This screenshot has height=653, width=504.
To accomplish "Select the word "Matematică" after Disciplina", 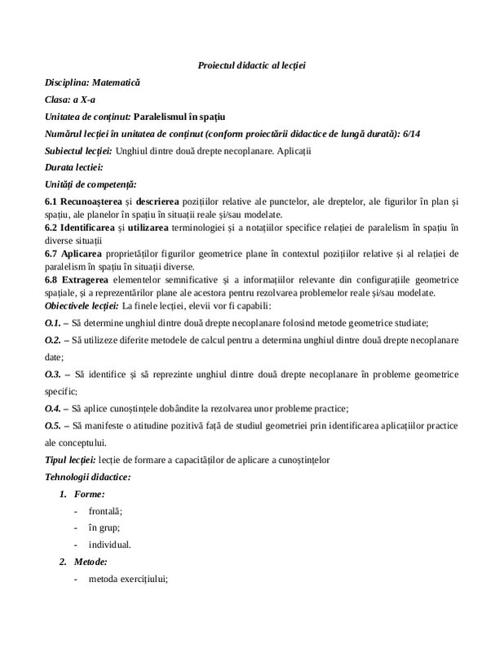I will [116, 82].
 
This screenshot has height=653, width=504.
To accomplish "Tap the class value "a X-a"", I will [82, 100].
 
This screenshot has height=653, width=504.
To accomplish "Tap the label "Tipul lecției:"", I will [71, 460].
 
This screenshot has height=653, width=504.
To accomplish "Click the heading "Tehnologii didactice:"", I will [88, 477].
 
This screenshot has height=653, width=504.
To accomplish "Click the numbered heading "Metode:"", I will [93, 562].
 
